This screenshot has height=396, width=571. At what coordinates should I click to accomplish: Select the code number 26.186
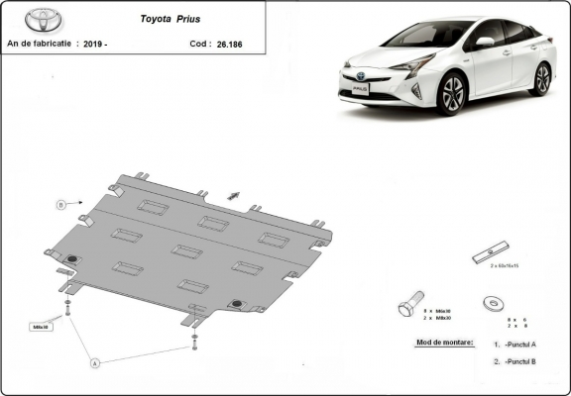(232, 44)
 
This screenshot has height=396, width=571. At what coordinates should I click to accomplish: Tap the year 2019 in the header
(93, 44)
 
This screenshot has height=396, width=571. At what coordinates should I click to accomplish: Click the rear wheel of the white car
(540, 79)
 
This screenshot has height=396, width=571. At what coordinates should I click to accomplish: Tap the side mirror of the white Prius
(483, 43)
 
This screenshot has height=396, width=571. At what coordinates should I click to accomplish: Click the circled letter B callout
(60, 205)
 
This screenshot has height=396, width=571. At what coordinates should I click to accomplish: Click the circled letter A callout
(95, 363)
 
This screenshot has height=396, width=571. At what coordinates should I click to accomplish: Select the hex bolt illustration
(409, 303)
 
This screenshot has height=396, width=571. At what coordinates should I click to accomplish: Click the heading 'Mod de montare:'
(437, 343)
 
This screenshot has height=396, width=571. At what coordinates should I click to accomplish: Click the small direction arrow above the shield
(233, 195)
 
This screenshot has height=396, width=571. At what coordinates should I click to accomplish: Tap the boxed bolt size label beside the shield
(40, 326)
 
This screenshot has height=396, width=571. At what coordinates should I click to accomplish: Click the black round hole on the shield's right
(235, 303)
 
